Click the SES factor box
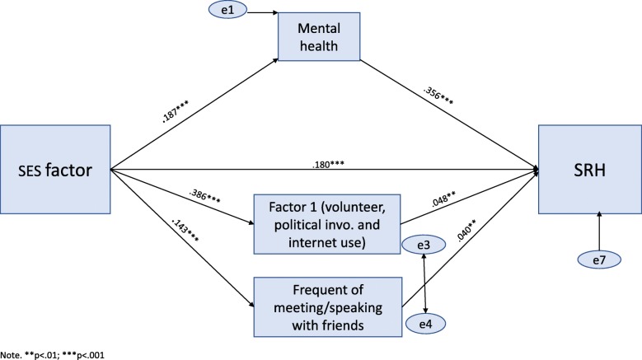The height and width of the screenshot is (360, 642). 55,172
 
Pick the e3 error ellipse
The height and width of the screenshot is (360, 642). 422,245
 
